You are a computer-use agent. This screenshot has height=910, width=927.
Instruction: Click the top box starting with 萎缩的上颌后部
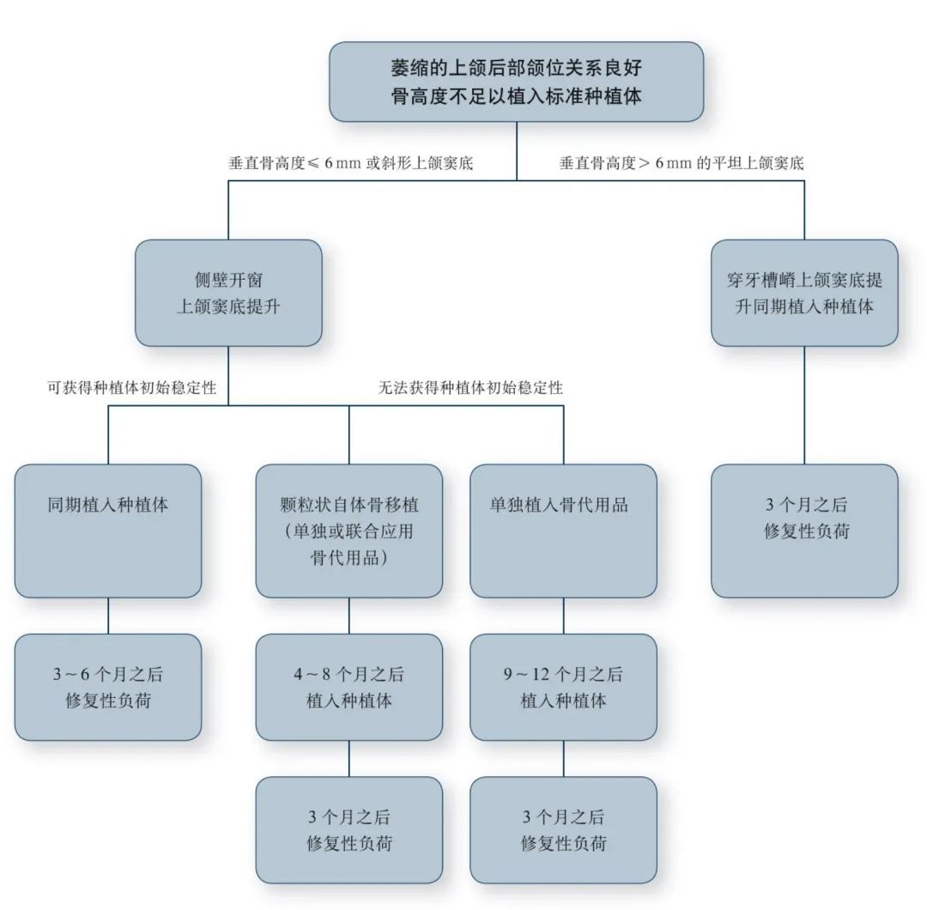coord(516,81)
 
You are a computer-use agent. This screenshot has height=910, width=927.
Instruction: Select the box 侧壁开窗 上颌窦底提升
coord(228,293)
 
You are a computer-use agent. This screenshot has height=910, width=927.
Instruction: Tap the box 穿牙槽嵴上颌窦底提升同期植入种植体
coord(804,293)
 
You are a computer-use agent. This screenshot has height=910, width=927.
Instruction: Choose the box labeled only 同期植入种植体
coord(108,531)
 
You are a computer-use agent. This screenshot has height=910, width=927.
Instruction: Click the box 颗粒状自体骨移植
coord(349,531)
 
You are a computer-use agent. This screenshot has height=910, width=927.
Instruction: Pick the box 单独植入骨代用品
coord(564,531)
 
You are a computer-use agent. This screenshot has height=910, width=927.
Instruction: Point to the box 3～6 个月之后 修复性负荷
coord(108,687)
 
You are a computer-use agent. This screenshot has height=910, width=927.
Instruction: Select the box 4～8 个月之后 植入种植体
coord(349,687)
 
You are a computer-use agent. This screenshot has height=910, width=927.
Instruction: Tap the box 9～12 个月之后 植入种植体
coord(564,687)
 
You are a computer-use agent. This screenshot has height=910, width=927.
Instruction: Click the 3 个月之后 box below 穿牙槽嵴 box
coord(804,531)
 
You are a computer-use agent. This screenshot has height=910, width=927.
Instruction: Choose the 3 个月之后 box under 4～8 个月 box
coord(349,830)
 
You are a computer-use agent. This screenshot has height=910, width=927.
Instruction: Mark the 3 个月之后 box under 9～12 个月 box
coord(564,830)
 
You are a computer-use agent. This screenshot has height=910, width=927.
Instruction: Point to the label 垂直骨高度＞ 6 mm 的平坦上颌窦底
coord(682,162)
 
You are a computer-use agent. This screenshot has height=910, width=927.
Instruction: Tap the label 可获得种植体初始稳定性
coord(131,388)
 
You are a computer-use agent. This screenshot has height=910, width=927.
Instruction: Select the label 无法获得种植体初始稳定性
coord(470,388)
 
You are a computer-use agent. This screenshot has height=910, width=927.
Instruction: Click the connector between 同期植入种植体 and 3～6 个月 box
coord(108,616)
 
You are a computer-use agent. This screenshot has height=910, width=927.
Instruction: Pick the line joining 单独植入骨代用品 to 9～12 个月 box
coord(564,616)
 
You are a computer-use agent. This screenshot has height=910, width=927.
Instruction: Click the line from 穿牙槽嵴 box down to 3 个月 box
coord(804,405)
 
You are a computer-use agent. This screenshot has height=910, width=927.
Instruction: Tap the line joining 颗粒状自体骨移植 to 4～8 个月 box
coord(349,616)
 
